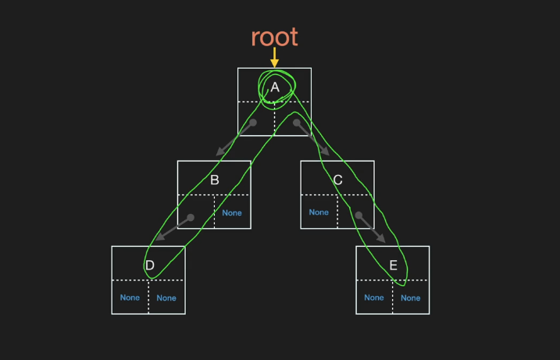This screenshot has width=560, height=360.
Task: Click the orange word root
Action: [x=274, y=36]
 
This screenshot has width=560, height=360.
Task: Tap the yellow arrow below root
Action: [x=274, y=58]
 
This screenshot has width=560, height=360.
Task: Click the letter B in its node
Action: [x=214, y=180]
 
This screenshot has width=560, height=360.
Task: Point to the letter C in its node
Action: [x=337, y=180]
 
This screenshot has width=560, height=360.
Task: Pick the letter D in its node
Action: [x=149, y=266]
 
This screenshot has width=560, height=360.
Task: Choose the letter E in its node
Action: [x=393, y=266]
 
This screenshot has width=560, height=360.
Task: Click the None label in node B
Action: [x=232, y=212]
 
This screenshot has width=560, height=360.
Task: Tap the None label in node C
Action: [x=319, y=212]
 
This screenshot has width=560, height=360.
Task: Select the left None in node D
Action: [x=130, y=298]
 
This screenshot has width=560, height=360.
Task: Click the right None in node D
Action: [x=166, y=298]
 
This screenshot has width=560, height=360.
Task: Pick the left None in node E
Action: [x=374, y=298]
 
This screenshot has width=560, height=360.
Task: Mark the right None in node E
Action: [x=410, y=298]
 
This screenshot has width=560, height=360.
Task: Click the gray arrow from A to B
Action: [x=233, y=139]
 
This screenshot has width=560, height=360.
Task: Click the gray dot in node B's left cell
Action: [x=191, y=216]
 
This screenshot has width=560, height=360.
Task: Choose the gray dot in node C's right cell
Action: [x=358, y=215]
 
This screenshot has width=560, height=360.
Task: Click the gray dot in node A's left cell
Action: [x=252, y=123]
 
